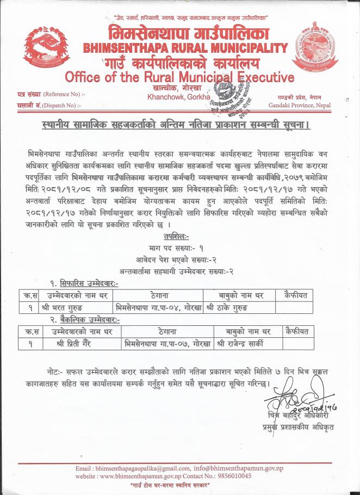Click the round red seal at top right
316,46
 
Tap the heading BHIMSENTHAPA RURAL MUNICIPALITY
185,48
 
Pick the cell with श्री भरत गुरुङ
68,307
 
